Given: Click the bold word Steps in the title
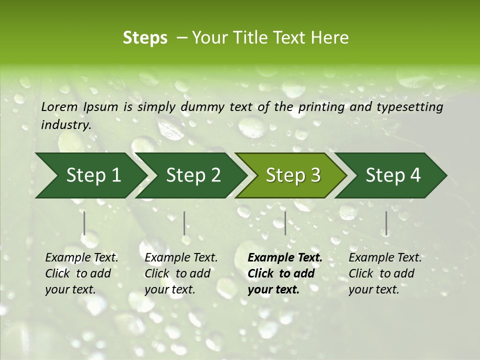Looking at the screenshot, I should click(x=145, y=38).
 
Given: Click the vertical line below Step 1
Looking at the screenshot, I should click(x=84, y=223).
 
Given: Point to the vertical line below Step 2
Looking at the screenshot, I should click(x=184, y=223).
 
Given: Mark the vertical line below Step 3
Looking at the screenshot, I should click(x=285, y=223).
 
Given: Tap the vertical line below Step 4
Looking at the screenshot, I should click(x=386, y=223).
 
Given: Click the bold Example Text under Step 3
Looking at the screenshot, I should click(x=285, y=258).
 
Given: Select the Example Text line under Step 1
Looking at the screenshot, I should click(x=81, y=258).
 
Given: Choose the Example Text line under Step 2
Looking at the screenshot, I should click(x=181, y=258).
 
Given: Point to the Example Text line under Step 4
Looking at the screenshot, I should click(x=385, y=258).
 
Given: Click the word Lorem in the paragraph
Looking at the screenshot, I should click(x=59, y=107).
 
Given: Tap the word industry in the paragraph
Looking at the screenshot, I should click(x=65, y=124).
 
